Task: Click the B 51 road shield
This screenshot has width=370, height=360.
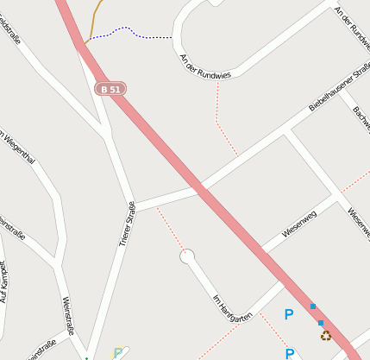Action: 110,89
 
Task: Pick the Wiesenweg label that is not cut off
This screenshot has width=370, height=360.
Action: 299,224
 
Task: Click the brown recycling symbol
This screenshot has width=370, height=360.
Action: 325,335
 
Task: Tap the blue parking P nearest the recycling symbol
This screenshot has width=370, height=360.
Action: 289,315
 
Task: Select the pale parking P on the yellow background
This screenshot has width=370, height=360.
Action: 117,353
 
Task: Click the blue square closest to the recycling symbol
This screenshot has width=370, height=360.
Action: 321,323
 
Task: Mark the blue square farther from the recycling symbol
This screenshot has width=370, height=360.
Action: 312,306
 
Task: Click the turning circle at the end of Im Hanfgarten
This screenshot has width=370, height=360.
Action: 187,256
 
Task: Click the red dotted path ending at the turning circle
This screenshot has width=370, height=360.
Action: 170,229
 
